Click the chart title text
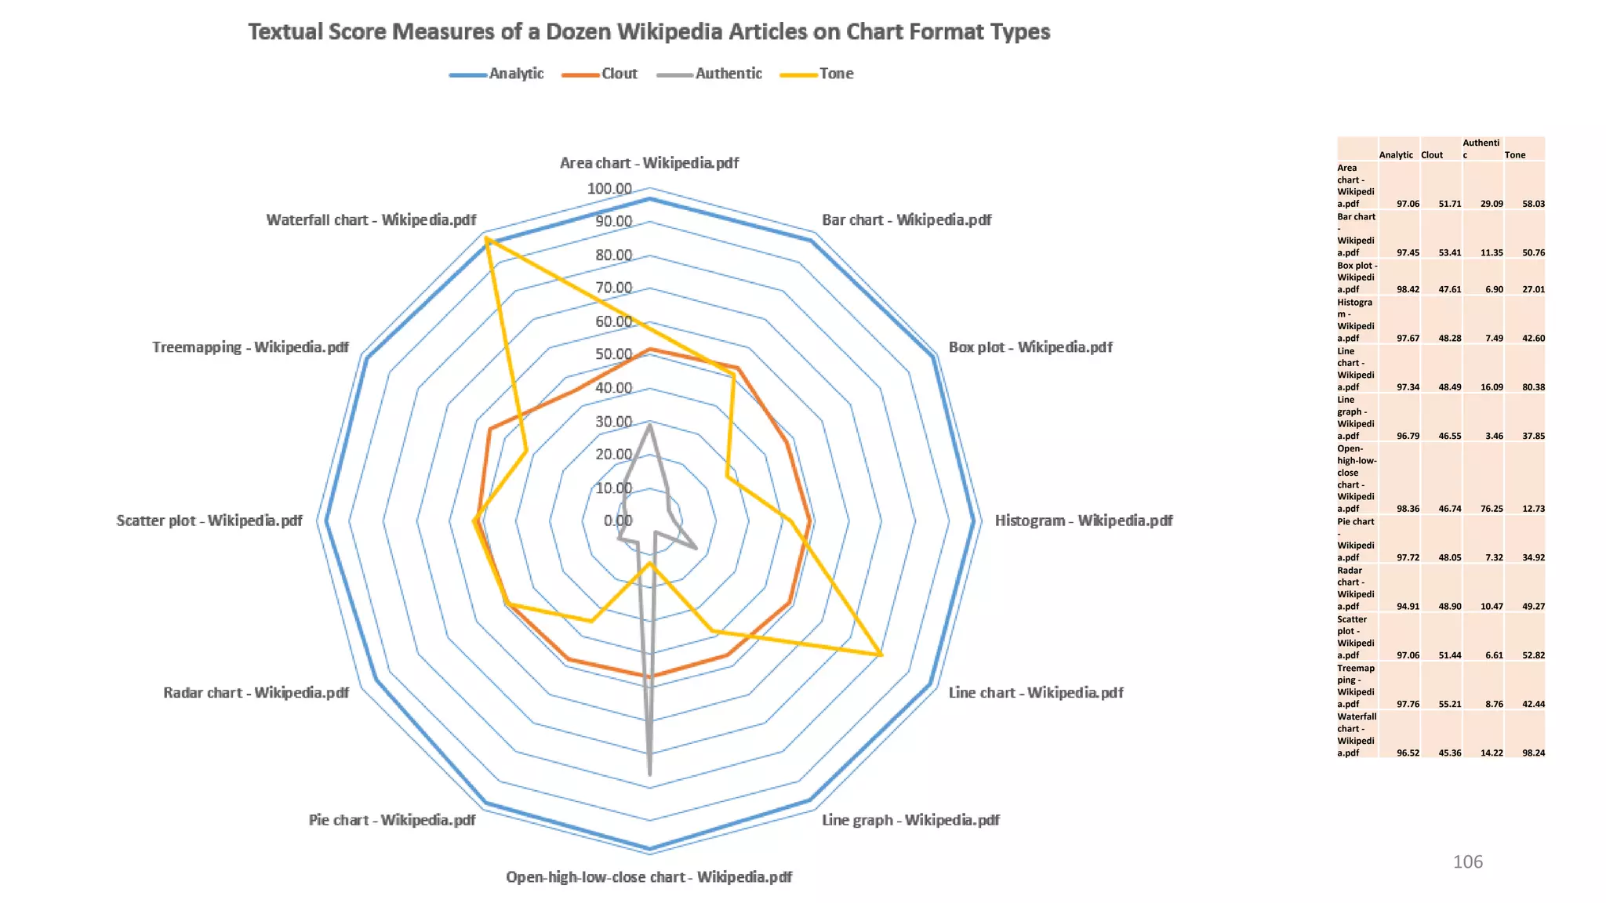point(649,32)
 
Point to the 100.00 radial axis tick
point(609,189)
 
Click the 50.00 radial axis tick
point(613,354)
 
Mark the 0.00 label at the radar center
point(618,521)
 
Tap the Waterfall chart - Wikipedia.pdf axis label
point(371,220)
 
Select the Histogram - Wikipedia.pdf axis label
point(1083,521)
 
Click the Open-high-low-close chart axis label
point(649,877)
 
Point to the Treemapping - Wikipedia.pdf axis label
point(250,347)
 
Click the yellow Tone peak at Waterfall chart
point(487,239)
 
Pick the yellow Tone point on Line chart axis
point(881,654)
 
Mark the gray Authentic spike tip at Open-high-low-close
point(649,774)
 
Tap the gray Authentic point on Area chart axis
point(649,424)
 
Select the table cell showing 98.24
point(1533,753)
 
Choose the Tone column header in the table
point(1515,155)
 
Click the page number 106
point(1467,862)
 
